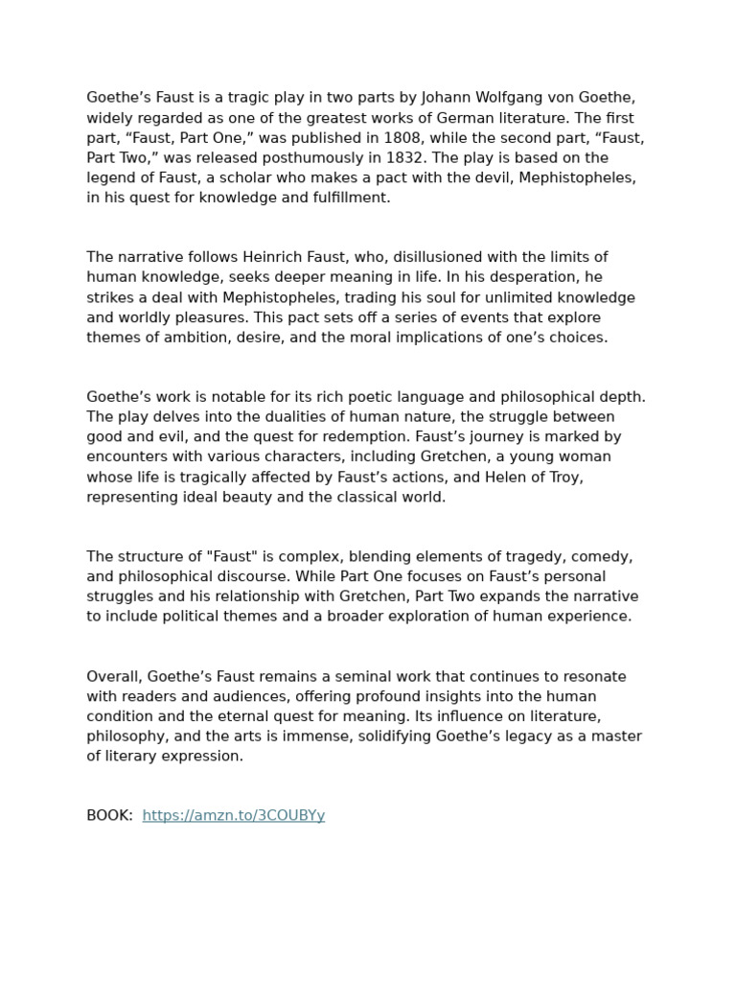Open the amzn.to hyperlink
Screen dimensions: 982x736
pyautogui.click(x=234, y=815)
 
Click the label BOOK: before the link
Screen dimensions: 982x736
pyautogui.click(x=109, y=815)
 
